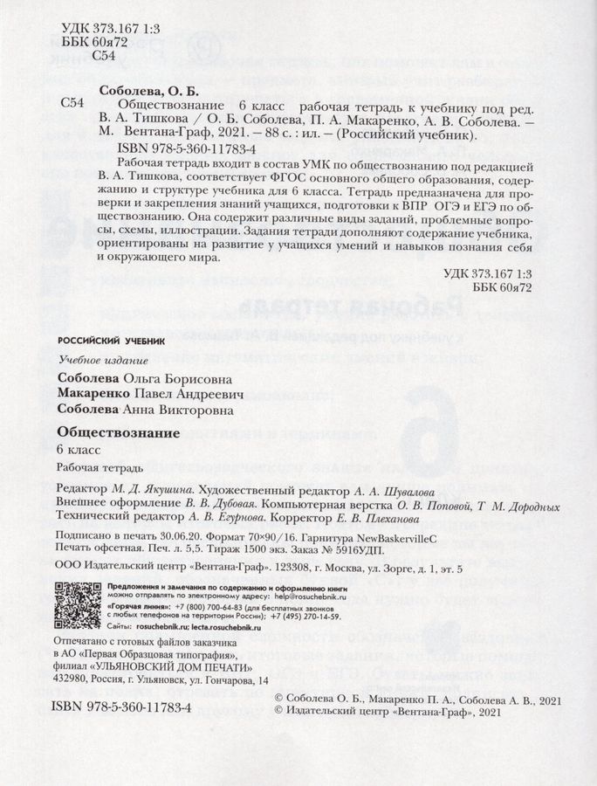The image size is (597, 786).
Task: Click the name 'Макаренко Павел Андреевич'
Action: [144, 395]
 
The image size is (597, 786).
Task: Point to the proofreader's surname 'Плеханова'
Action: [434, 518]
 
